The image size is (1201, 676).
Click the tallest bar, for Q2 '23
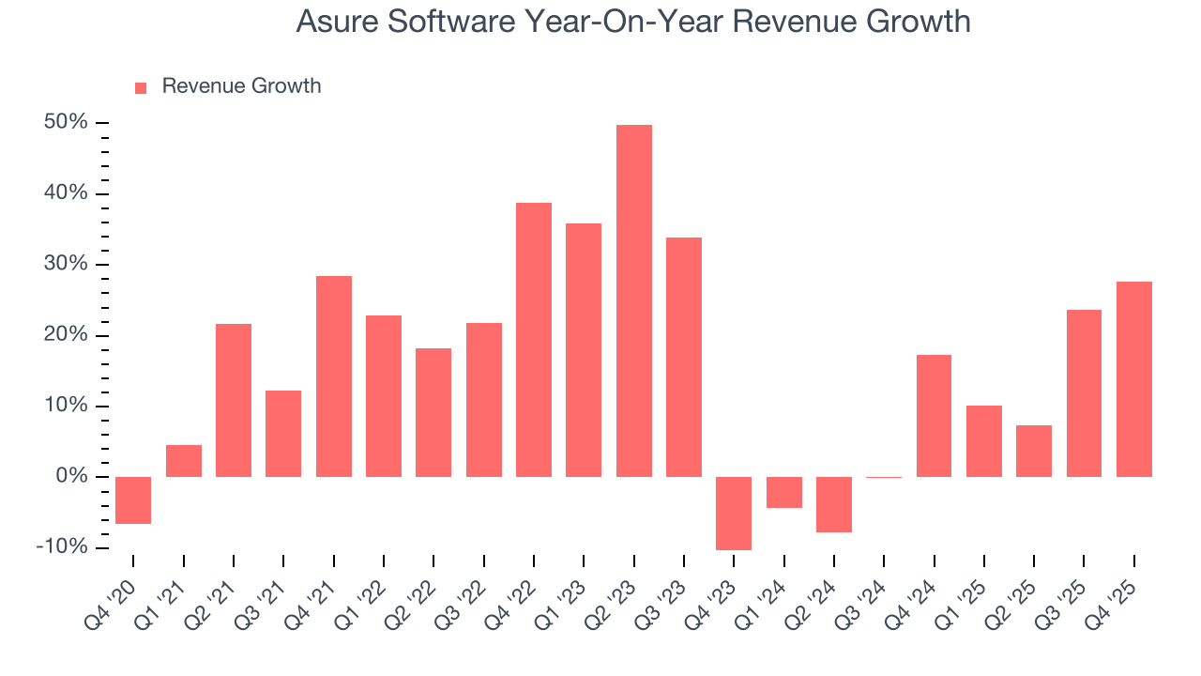point(633,300)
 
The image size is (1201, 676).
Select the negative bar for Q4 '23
point(734,513)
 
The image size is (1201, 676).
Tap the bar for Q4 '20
point(133,499)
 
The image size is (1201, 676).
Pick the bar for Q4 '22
point(534,340)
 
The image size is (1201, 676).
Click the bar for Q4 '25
point(1133,379)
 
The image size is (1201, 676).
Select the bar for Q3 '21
point(283,434)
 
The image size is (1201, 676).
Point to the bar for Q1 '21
point(184,461)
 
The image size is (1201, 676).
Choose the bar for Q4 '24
point(934,416)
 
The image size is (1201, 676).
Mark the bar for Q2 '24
point(834,504)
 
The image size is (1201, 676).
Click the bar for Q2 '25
point(1034,451)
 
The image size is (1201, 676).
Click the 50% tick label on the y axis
point(66,123)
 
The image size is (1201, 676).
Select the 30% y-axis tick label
point(66,265)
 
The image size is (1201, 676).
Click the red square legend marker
point(141,87)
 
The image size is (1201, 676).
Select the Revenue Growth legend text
point(241,86)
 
